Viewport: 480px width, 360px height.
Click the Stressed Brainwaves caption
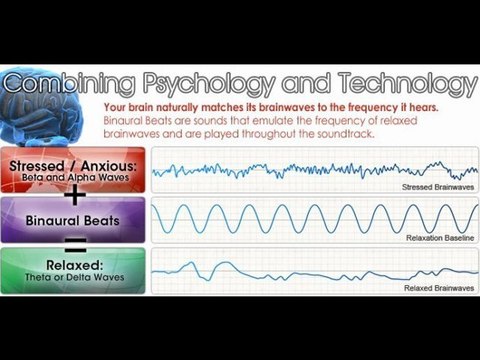[437, 187]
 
